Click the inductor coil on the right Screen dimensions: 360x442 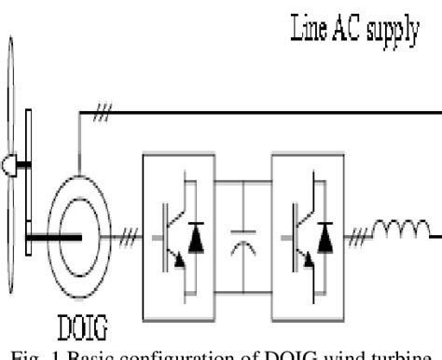[404, 227]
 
